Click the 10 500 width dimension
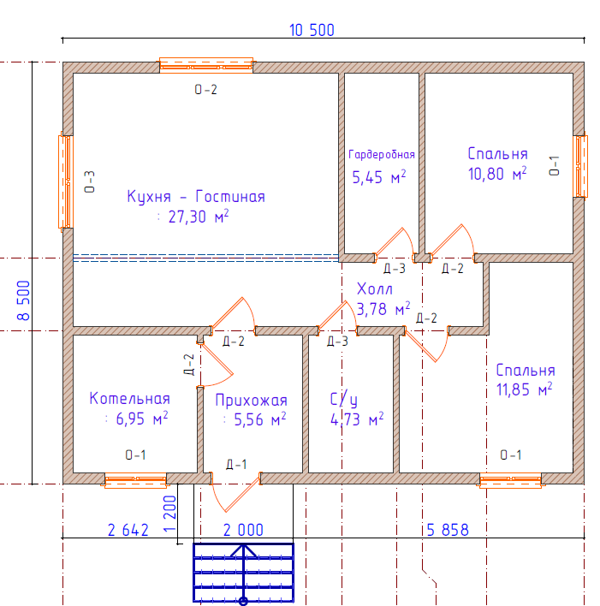coord(312,30)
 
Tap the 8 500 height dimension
coord(24,300)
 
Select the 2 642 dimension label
coord(128,531)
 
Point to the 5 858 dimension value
coord(448,530)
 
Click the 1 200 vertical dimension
coord(169,514)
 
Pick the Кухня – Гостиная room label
coord(196,196)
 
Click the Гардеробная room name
coord(382,155)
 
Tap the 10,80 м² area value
coord(497,174)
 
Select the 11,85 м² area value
coord(524,389)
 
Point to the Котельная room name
coord(129,399)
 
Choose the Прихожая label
coord(252,401)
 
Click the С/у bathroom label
coord(344,400)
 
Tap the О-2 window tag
coord(205,90)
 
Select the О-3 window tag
coord(89,181)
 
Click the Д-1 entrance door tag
coord(236,464)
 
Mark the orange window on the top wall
coord(206,66)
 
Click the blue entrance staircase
coord(243,573)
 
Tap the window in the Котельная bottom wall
coord(135,480)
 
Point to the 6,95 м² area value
coord(142,419)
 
